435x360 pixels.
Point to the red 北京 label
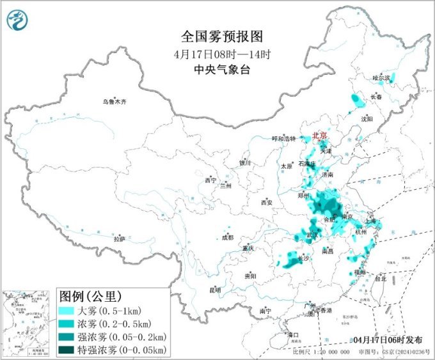click(319, 136)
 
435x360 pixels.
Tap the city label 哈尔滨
click(381, 78)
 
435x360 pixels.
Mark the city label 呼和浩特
click(284, 139)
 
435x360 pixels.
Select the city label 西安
click(267, 203)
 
